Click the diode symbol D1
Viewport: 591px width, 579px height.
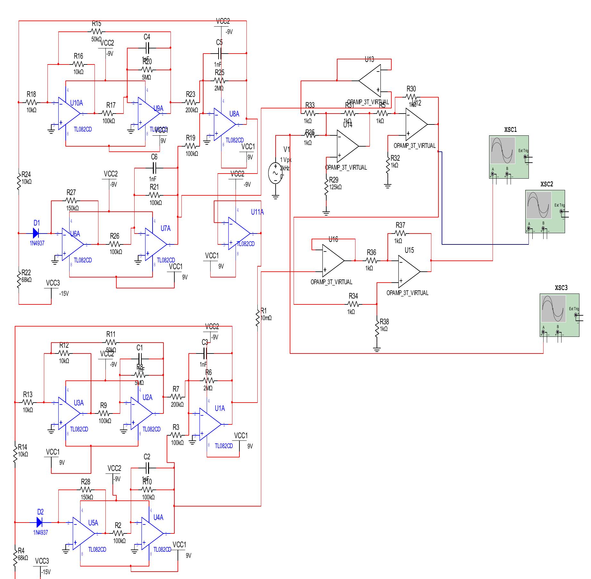point(36,233)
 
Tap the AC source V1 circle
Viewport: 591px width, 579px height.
point(275,173)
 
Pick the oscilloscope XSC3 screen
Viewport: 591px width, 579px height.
point(553,309)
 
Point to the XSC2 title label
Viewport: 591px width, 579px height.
point(547,184)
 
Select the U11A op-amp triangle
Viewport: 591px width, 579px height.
point(239,233)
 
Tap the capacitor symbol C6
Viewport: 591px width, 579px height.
point(154,167)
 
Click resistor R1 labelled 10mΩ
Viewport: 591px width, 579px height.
point(257,318)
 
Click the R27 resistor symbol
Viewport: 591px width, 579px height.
point(71,200)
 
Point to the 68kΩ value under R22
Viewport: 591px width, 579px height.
point(27,280)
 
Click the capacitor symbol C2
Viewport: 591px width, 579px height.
point(147,468)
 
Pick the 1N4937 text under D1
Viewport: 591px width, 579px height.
point(37,243)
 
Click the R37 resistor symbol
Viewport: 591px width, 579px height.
point(400,233)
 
